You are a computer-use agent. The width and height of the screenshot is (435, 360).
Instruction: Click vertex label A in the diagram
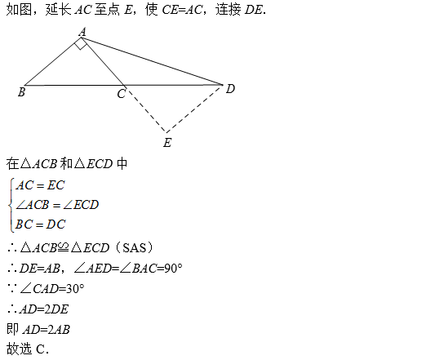82,32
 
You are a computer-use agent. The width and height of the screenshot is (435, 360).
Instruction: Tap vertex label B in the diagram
22,92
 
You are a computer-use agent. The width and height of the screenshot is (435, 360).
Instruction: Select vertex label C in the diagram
122,94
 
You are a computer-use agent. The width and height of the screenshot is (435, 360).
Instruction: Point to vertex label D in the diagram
230,89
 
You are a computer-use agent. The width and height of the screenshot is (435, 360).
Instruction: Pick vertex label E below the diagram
167,143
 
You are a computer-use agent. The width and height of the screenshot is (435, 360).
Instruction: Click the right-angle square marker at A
81,44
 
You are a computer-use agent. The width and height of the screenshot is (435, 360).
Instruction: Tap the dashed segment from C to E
145,109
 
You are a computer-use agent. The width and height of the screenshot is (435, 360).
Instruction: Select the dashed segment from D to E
194,109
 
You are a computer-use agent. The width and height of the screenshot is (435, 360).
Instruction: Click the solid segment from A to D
152,61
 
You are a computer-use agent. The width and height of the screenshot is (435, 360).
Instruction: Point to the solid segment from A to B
53,61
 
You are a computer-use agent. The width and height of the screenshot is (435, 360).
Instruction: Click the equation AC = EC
40,185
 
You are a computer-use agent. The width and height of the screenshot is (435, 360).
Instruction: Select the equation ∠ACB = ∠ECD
57,205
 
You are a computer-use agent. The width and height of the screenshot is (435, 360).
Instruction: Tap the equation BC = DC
40,224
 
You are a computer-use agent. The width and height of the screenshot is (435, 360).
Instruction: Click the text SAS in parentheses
135,247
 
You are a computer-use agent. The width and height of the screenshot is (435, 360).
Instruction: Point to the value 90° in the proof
173,268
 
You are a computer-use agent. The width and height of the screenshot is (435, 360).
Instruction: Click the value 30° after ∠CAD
75,289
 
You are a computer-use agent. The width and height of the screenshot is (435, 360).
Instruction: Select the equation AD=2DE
44,309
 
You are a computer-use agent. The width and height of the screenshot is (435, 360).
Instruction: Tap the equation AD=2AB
47,330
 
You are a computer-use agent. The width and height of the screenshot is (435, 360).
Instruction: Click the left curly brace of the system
11,205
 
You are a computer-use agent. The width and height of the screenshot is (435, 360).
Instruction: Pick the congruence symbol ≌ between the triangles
64,247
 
